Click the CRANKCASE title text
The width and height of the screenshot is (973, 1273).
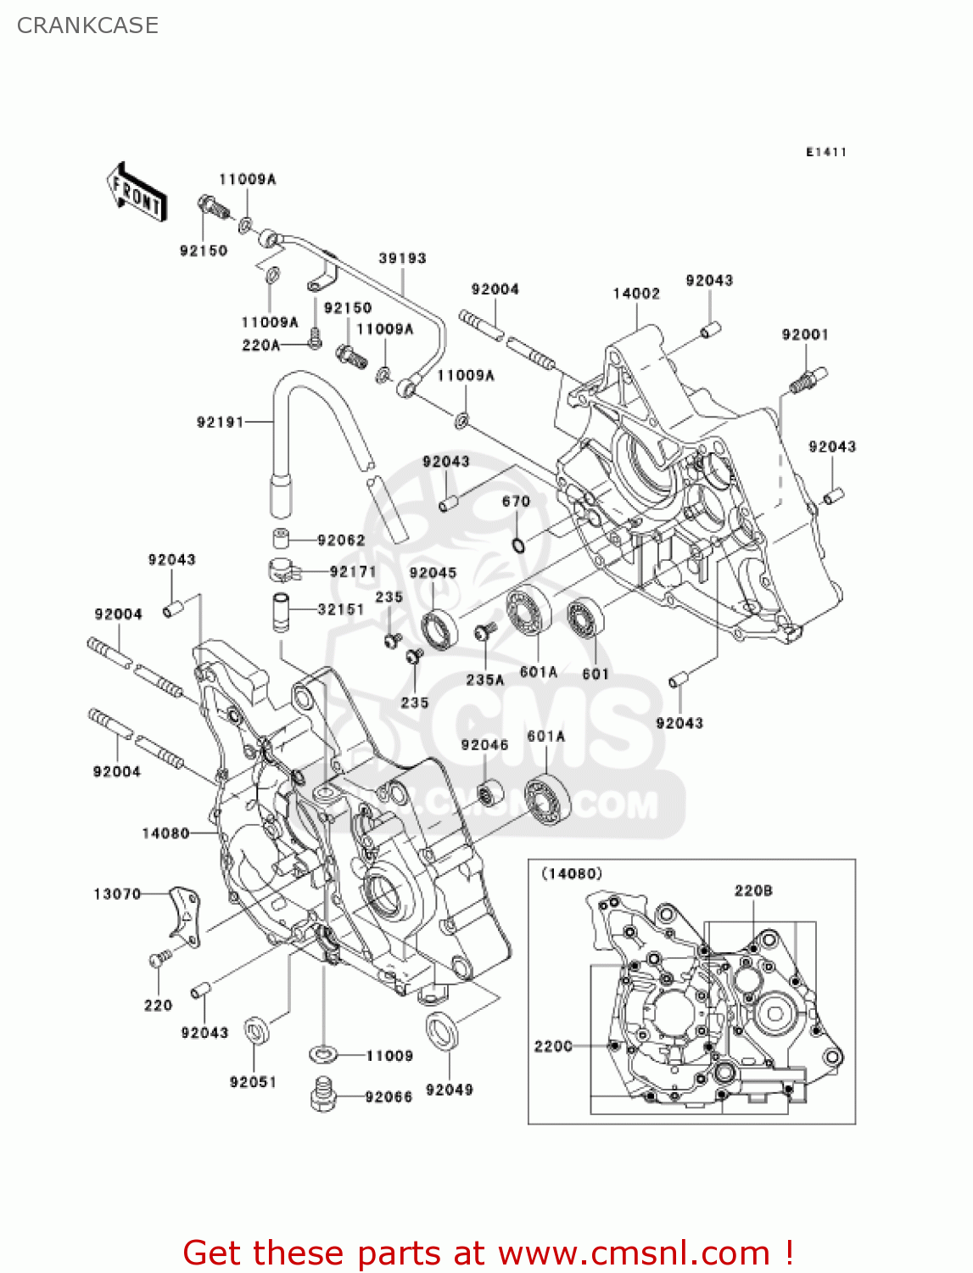(87, 25)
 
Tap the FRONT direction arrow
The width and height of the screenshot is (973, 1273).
(136, 193)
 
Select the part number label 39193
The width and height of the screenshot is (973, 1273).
(402, 258)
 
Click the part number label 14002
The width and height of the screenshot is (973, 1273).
(636, 294)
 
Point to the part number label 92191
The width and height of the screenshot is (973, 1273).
(220, 422)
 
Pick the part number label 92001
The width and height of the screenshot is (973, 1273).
(804, 334)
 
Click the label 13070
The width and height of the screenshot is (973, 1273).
(117, 894)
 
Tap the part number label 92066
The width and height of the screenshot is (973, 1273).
(389, 1097)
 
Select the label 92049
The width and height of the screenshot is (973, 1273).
(449, 1090)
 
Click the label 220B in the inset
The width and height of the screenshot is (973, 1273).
(753, 890)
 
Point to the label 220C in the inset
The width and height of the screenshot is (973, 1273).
(553, 1046)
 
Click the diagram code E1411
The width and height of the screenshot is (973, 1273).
(825, 152)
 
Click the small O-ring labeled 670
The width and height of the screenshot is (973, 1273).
(517, 543)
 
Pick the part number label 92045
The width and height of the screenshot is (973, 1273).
(433, 573)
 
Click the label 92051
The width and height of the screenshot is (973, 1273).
(253, 1082)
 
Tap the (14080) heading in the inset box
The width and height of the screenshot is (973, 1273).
(572, 873)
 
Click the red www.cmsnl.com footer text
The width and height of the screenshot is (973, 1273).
(488, 1253)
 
